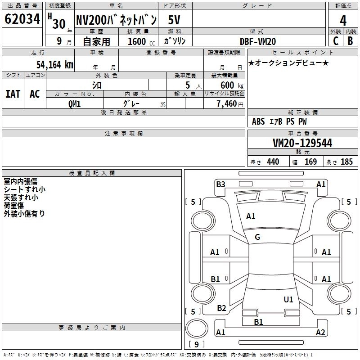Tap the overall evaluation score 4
click(x=343, y=21)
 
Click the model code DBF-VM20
click(x=258, y=41)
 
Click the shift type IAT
click(x=13, y=94)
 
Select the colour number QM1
click(x=74, y=103)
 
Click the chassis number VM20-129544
click(x=302, y=143)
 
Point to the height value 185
click(x=346, y=162)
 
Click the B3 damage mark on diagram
click(x=220, y=184)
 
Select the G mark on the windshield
click(x=257, y=237)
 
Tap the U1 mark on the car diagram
click(x=288, y=299)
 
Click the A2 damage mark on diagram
click(x=320, y=333)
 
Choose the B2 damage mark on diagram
click(x=221, y=308)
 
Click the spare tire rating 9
click(x=196, y=345)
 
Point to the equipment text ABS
click(x=258, y=121)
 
